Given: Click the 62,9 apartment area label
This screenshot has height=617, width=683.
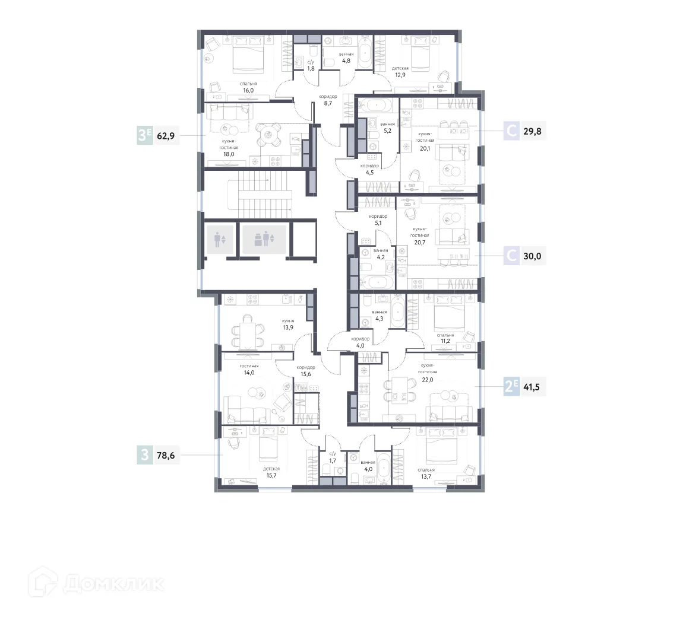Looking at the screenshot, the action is [x=166, y=136].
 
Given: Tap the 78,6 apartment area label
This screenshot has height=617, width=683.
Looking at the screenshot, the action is [x=166, y=455].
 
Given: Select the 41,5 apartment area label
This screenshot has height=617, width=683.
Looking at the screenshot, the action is [x=532, y=387].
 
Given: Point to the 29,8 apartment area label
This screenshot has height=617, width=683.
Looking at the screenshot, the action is [x=532, y=131].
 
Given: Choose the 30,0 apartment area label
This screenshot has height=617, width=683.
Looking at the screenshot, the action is [x=532, y=256].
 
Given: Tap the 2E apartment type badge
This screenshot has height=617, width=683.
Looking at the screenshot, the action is [x=511, y=386].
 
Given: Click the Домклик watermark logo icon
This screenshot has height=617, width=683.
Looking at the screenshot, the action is [x=43, y=582].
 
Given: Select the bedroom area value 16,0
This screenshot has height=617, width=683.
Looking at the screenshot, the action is [x=248, y=91].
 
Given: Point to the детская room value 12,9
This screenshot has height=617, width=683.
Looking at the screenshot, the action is [x=400, y=75].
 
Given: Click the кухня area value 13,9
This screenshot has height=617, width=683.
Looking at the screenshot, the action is [x=288, y=327].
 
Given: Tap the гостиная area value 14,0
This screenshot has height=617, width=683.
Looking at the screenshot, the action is [x=249, y=373].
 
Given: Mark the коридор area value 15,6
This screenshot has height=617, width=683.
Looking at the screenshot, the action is [x=306, y=374].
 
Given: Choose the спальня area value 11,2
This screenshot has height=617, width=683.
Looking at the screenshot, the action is [x=445, y=341].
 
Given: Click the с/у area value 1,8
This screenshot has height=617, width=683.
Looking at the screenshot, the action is [x=311, y=69].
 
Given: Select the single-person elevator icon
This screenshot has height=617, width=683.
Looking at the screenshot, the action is [x=220, y=239].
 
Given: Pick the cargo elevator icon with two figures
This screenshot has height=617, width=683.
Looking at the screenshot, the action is [x=264, y=239].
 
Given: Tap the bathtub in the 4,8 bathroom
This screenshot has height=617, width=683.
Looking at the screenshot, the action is [x=365, y=53].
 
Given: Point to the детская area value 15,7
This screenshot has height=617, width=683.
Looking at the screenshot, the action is [x=271, y=476].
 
